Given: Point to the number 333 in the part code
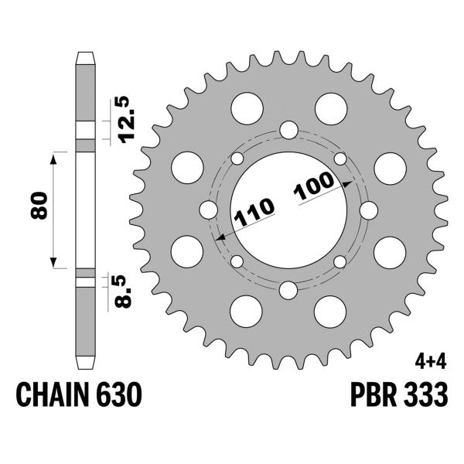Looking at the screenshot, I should coord(423,397).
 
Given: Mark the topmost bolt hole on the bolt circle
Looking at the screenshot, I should coord(288,129).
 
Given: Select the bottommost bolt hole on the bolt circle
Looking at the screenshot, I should coord(288,291).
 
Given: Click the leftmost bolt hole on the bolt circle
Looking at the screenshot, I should coord(208,210).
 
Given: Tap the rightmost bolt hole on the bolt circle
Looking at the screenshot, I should coord(369,210).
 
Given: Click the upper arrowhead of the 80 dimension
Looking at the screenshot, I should coord(54,157).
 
